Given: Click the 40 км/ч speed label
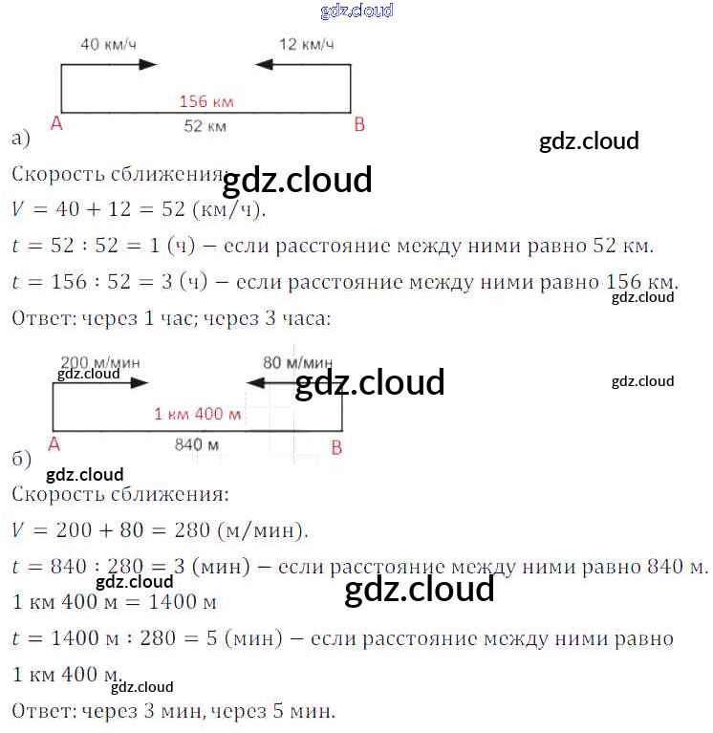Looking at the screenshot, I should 107,44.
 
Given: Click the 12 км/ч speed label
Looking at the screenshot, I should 306,44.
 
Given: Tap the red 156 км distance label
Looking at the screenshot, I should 207,101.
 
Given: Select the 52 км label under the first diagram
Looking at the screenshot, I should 205,126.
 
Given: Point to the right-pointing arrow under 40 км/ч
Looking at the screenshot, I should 134,64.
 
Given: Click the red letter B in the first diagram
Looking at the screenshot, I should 359,125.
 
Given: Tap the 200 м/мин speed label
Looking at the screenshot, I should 99,362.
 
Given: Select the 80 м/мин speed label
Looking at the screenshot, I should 298,362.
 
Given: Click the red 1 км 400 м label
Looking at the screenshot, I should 198,414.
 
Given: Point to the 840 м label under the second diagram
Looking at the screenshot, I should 197,444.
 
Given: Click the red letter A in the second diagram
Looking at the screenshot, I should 54,444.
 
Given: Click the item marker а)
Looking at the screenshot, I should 21,140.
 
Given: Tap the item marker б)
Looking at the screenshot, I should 22,459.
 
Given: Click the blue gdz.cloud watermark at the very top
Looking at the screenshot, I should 356,11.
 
